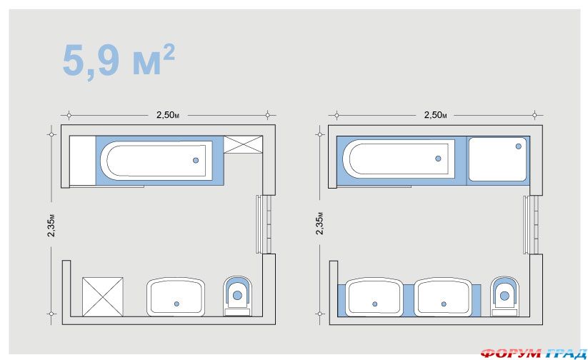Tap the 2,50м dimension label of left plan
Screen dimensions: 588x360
click(168, 115)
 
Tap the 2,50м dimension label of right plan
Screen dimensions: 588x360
click(435, 115)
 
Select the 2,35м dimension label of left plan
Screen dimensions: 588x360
click(51, 225)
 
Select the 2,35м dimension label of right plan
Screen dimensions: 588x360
click(319, 224)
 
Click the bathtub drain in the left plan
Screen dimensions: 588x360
click(196, 161)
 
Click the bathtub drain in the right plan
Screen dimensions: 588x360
click(438, 159)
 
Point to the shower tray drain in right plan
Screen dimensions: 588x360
click(518, 146)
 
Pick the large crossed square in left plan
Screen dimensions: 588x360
click(103, 296)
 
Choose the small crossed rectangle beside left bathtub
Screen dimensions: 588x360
click(243, 144)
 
